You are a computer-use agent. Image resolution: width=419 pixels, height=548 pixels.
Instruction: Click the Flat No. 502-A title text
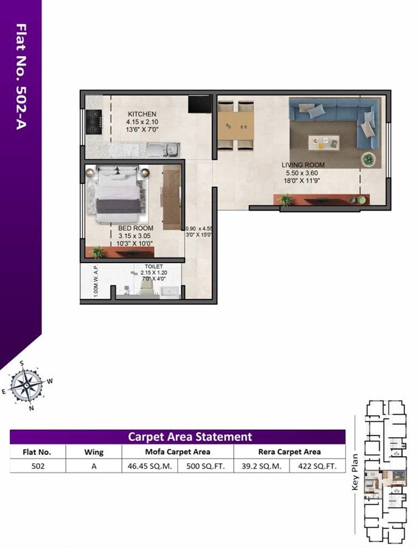[21, 76]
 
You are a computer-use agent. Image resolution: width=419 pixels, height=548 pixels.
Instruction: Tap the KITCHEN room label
[142, 114]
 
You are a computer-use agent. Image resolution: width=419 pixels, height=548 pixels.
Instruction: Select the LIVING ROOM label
[303, 165]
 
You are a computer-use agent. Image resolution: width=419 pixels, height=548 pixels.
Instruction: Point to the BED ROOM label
[135, 228]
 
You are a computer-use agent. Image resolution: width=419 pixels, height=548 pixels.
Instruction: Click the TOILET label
[153, 266]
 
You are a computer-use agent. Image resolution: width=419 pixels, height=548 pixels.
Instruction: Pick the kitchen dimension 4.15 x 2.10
[142, 122]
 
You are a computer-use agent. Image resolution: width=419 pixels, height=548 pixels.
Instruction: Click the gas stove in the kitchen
[93, 122]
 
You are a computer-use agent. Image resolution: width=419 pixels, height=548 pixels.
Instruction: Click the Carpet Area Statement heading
[189, 437]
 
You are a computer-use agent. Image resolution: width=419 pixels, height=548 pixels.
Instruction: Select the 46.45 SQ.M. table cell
[150, 468]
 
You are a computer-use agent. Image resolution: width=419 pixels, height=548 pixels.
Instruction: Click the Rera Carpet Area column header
[289, 452]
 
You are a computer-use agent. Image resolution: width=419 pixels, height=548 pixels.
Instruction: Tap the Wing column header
[94, 452]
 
